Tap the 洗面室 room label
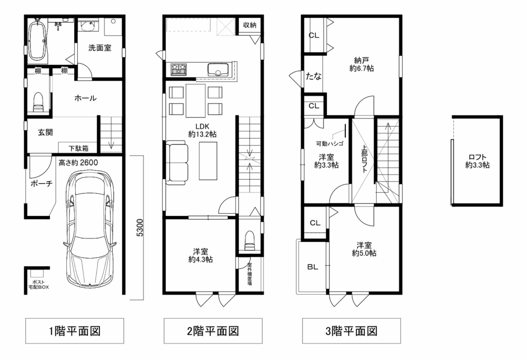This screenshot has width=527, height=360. (x=100, y=48)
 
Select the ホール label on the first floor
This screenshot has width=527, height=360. (x=85, y=98)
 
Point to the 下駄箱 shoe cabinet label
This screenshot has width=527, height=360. (x=78, y=148)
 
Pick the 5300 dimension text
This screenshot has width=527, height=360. (x=140, y=228)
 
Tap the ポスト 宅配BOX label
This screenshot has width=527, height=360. (x=38, y=285)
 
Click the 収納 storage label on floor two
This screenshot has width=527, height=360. (x=250, y=25)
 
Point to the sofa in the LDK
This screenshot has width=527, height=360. (x=177, y=163)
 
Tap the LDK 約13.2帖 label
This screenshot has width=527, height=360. (x=202, y=130)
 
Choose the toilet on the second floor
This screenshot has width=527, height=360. (x=249, y=240)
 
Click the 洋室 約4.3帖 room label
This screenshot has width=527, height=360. (x=200, y=255)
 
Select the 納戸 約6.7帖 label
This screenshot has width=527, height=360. (x=361, y=64)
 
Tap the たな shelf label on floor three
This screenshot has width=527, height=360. (x=313, y=76)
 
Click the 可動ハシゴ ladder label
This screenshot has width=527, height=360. (x=330, y=144)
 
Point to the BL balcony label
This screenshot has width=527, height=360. (x=312, y=267)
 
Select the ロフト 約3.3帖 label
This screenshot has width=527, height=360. (x=477, y=161)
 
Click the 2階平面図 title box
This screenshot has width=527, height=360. (x=213, y=331)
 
